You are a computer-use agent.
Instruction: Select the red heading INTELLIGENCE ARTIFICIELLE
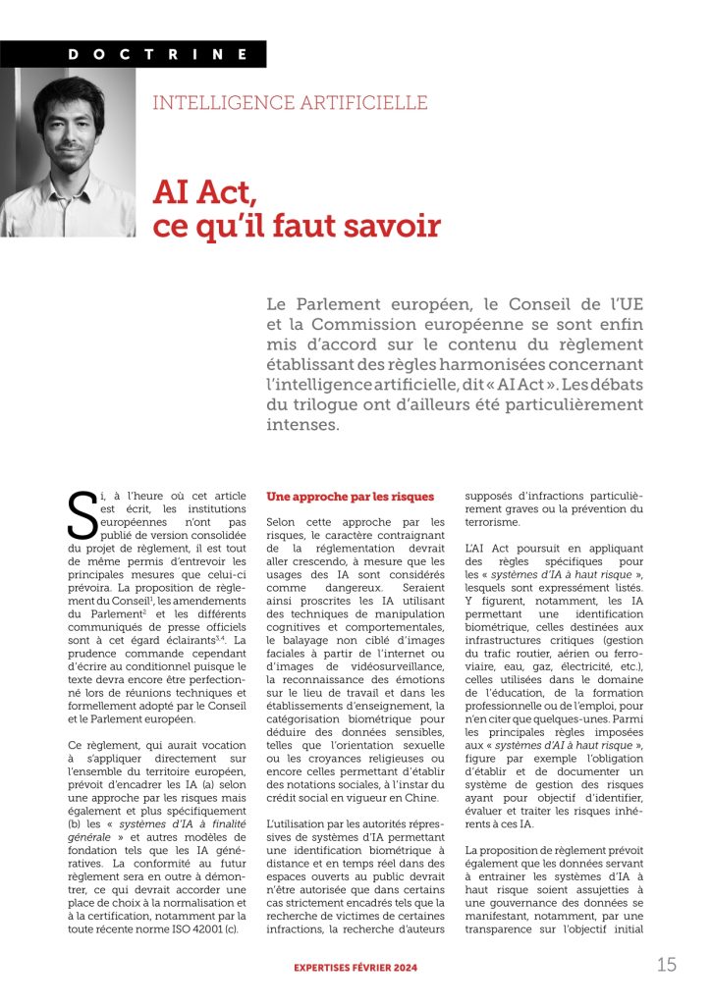pos(290,103)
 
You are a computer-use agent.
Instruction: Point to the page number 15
pos(667,965)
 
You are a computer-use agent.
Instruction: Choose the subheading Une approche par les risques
pos(350,498)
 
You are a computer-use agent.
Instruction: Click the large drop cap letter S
pos(82,515)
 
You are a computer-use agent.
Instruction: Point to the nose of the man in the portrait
pos(72,148)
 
